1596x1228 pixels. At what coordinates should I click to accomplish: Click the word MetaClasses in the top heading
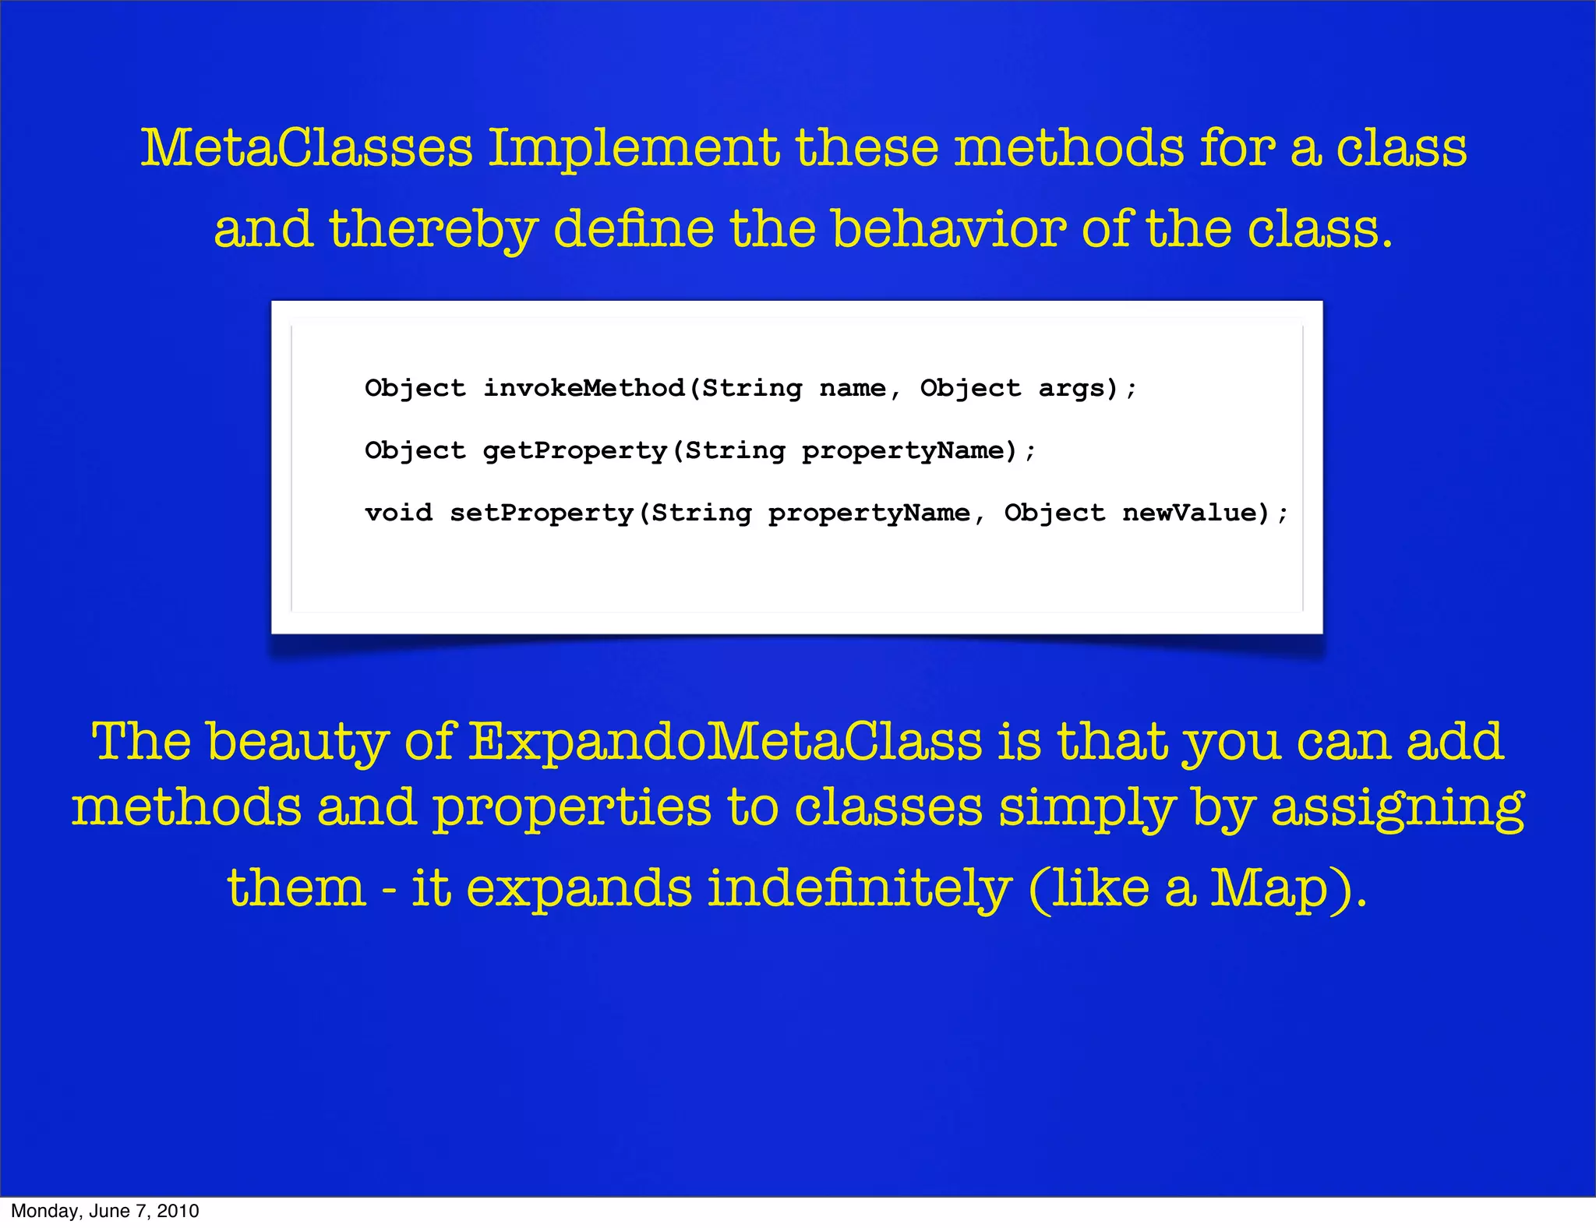(x=306, y=148)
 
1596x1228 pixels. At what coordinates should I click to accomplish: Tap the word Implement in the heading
(x=633, y=148)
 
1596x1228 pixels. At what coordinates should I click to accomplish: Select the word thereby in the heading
(x=433, y=229)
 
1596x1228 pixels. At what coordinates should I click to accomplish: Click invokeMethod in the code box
(x=584, y=388)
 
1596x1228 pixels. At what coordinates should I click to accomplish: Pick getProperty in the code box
(x=575, y=450)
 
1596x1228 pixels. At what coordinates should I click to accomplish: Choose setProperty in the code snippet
(x=542, y=513)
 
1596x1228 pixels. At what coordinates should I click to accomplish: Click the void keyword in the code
(x=398, y=513)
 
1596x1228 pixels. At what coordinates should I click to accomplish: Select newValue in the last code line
(x=1190, y=513)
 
